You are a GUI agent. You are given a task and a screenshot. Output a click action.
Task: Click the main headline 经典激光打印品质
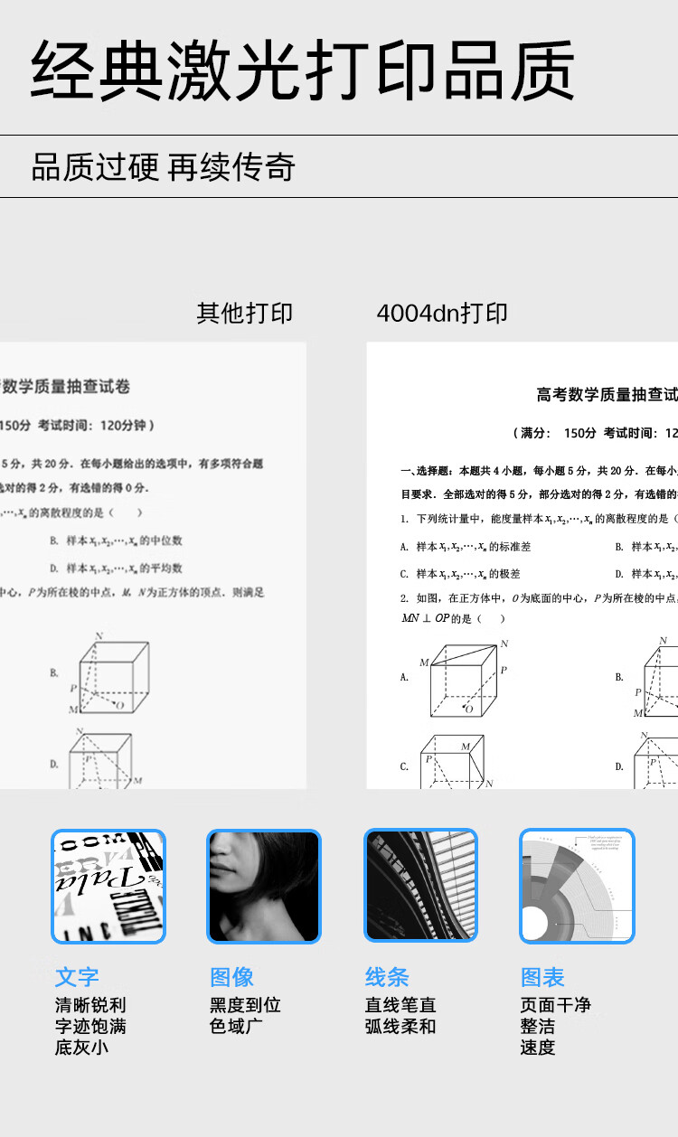point(303,70)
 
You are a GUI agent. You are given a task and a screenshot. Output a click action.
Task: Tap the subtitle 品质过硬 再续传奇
point(164,167)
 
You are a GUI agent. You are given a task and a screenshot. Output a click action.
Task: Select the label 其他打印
point(245,314)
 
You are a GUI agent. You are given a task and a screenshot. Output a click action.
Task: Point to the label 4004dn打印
point(442,314)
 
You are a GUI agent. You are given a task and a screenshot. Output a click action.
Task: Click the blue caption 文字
point(77,977)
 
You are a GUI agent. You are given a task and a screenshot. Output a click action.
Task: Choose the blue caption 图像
point(232,977)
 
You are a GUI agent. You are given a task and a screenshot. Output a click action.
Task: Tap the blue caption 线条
point(388,977)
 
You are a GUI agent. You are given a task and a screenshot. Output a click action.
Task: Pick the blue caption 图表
point(542,977)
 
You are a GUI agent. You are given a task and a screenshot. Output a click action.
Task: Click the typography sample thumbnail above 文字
point(108,887)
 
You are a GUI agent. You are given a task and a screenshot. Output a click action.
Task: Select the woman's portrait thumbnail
point(264,887)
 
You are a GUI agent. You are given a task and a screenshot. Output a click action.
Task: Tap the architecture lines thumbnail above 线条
point(420,887)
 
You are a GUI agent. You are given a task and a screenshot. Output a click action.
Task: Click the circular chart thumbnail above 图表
point(577,887)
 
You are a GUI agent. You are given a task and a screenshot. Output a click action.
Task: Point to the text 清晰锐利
point(90,1005)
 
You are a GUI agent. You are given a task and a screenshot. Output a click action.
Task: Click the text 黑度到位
point(245,1005)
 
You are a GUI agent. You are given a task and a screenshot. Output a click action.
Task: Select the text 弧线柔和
point(400,1027)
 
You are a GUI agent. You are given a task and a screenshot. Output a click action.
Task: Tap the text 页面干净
point(555,1005)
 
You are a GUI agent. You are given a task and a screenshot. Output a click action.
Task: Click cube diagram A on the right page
point(462,679)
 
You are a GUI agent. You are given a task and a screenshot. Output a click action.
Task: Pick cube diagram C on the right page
point(452,762)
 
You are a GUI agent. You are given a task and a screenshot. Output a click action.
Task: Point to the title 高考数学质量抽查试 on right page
point(607,395)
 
